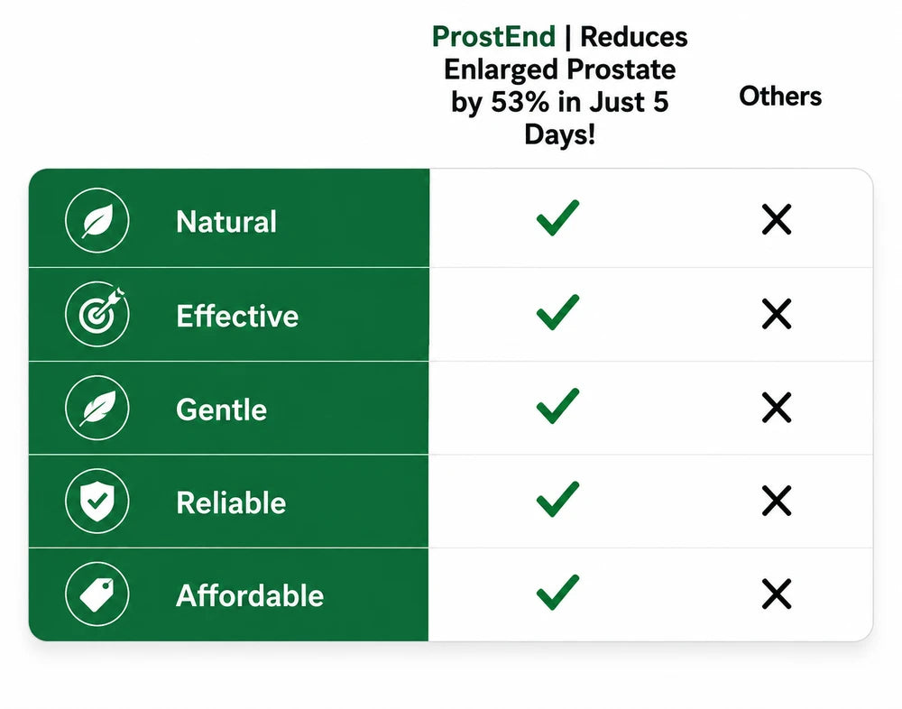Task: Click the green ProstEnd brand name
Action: click(x=493, y=37)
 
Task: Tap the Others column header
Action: click(x=780, y=97)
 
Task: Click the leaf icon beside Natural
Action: click(x=97, y=220)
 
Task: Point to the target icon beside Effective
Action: click(x=97, y=314)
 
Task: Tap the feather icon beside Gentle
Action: click(x=97, y=408)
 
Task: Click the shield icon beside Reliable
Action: click(x=97, y=502)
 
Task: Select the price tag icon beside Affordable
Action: click(x=97, y=594)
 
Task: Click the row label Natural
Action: click(x=226, y=222)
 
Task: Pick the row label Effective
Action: click(x=237, y=316)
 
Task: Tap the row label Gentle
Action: click(x=222, y=410)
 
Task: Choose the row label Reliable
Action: click(x=231, y=503)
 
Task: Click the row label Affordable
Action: click(x=250, y=596)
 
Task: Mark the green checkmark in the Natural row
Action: click(x=557, y=218)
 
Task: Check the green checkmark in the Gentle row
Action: click(x=557, y=406)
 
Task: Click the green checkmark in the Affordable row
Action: click(x=557, y=592)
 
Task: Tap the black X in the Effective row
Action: click(x=777, y=314)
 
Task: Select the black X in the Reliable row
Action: click(x=777, y=501)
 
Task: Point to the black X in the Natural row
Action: click(x=777, y=219)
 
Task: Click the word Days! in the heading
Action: click(x=560, y=135)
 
